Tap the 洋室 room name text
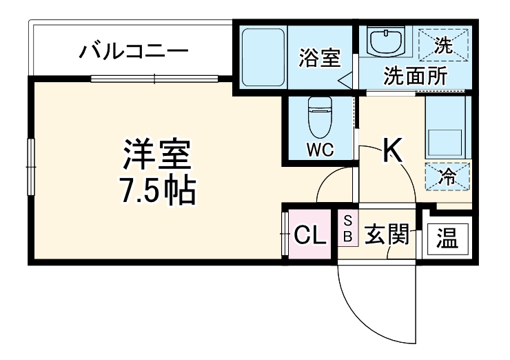click(x=157, y=156)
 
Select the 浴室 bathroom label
click(x=319, y=58)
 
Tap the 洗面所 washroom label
click(x=414, y=74)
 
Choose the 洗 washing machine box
click(x=445, y=46)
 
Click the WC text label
click(x=319, y=150)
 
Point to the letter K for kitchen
click(x=393, y=150)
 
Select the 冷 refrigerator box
click(x=447, y=175)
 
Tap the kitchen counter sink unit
click(x=447, y=127)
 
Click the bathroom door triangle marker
click(x=345, y=79)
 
